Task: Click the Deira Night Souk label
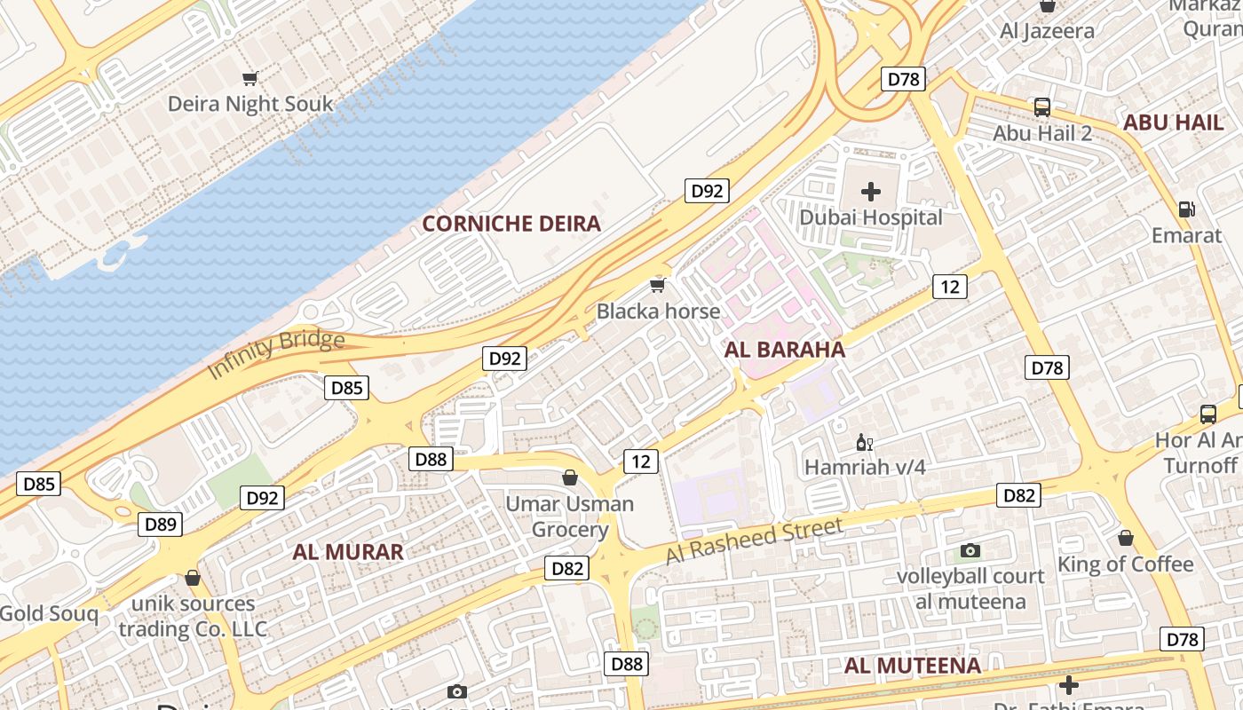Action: tap(250, 104)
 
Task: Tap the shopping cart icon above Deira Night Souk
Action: tap(250, 78)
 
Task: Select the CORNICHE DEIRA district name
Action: tap(511, 224)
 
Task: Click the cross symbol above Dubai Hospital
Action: tap(871, 191)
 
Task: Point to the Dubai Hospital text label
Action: tap(871, 217)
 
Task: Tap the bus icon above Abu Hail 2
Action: tap(1042, 107)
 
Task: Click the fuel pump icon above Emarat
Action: tap(1186, 209)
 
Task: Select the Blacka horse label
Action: tap(658, 312)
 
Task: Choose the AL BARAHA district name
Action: tap(785, 350)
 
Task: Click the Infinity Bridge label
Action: tap(275, 354)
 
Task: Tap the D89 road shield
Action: tap(161, 525)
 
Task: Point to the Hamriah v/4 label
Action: tap(865, 467)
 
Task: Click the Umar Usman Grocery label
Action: tap(570, 517)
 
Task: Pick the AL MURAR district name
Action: tap(348, 552)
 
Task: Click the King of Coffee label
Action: tap(1125, 564)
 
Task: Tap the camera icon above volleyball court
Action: tap(970, 551)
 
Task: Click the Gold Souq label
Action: tap(49, 614)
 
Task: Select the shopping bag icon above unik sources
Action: tap(193, 579)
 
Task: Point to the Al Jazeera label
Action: tap(1047, 32)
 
